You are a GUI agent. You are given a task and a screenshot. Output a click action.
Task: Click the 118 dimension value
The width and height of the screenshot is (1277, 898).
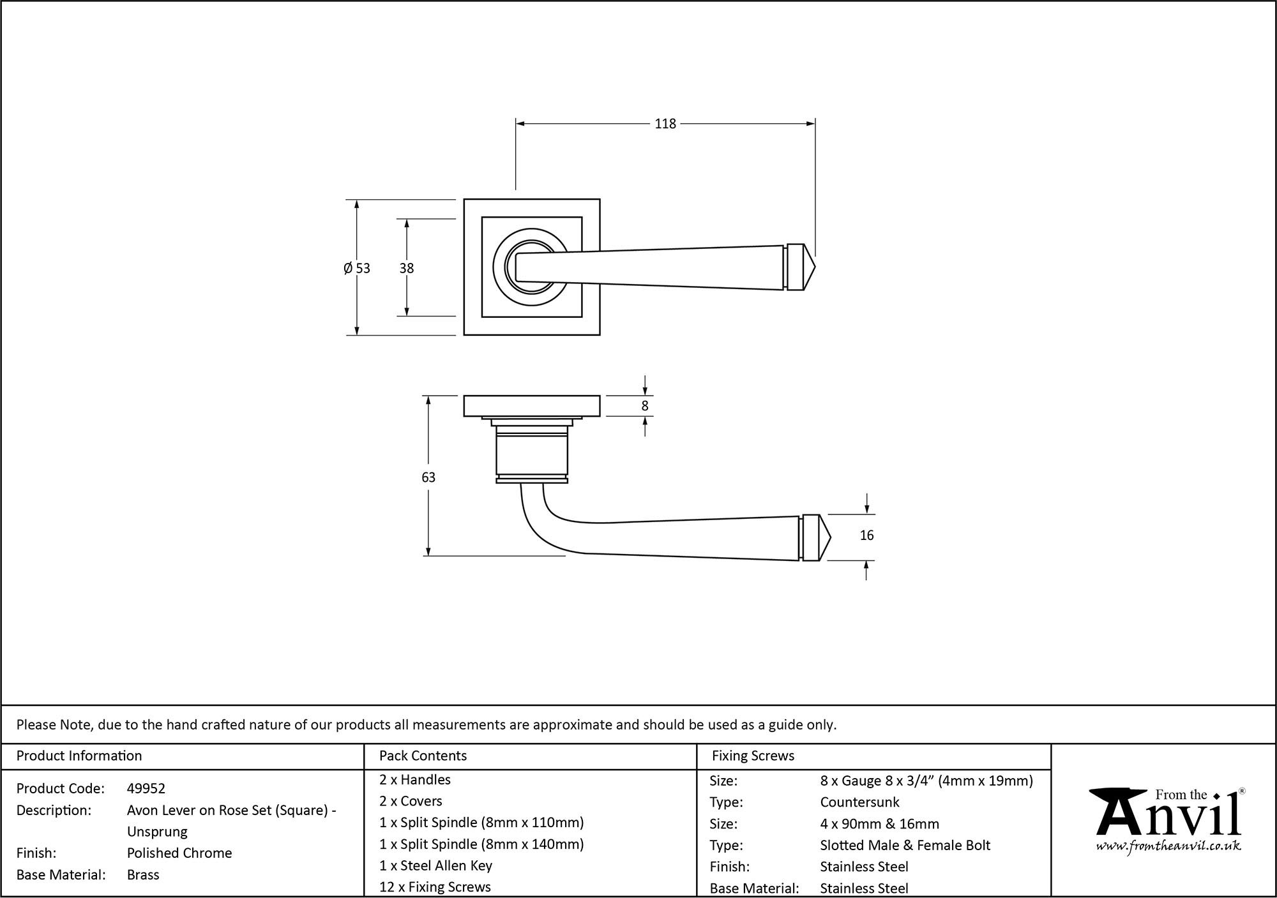click(x=665, y=124)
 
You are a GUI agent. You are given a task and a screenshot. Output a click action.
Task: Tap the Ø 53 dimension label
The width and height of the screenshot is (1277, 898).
click(x=356, y=268)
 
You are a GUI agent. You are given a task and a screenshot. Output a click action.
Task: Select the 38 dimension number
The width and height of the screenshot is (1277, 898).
click(x=407, y=268)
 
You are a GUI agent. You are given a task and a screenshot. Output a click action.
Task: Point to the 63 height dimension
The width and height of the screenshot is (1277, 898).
click(x=428, y=477)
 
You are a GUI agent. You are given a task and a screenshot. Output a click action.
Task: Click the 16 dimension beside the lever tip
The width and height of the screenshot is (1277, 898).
click(x=866, y=535)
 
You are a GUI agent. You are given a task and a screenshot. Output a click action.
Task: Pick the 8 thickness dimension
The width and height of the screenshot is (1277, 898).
click(x=645, y=406)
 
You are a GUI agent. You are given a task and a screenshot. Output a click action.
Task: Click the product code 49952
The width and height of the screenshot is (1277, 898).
click(x=146, y=788)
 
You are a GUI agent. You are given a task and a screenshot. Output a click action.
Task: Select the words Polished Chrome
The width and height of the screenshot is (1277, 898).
click(x=179, y=853)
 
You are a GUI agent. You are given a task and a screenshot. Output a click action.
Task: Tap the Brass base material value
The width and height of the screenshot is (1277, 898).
click(x=143, y=874)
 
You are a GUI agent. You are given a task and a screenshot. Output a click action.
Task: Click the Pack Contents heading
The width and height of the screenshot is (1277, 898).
click(x=423, y=756)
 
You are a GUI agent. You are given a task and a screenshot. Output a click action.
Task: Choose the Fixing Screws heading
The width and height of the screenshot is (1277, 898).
click(x=753, y=756)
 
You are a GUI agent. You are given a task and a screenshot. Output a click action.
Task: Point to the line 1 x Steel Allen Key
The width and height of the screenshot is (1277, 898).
click(x=435, y=865)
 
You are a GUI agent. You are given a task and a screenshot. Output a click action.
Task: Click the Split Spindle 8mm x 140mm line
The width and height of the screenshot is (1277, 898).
click(x=481, y=844)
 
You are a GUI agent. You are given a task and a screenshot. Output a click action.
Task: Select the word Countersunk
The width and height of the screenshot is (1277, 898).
click(x=859, y=802)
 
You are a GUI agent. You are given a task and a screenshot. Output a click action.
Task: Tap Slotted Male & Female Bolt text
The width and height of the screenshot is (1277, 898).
click(x=905, y=845)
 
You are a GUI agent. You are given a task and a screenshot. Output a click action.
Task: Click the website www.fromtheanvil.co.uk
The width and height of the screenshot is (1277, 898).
click(x=1168, y=846)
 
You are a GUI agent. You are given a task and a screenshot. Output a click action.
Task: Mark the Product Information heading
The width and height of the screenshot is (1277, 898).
click(x=79, y=756)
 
